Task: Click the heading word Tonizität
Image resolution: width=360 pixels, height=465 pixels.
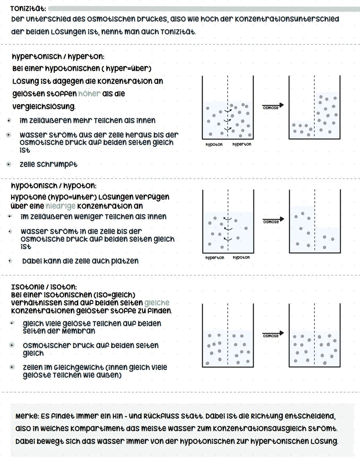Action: pyautogui.click(x=28, y=9)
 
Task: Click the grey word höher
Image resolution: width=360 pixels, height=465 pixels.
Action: pyautogui.click(x=89, y=94)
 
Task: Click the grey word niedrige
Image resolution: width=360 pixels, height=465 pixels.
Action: pyautogui.click(x=60, y=206)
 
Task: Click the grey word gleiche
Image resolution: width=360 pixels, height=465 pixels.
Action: pyautogui.click(x=157, y=303)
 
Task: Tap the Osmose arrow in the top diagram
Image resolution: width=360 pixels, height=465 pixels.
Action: pyautogui.click(x=273, y=106)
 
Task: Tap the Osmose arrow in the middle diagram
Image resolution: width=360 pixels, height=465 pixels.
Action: pyautogui.click(x=273, y=220)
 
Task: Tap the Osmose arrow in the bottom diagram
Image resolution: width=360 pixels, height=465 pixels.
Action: pyautogui.click(x=273, y=334)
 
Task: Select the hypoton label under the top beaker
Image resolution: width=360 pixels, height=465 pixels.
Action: pyautogui.click(x=214, y=145)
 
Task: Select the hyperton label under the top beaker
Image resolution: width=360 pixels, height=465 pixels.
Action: pyautogui.click(x=242, y=144)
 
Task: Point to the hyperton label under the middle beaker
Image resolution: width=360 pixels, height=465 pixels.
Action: pyautogui.click(x=215, y=258)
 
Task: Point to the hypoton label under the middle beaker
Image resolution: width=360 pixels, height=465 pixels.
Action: pyautogui.click(x=241, y=258)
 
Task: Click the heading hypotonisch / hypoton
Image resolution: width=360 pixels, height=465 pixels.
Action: pyautogui.click(x=54, y=185)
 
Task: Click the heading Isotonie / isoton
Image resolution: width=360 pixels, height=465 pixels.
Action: pyautogui.click(x=44, y=287)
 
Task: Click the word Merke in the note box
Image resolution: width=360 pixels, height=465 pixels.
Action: pyautogui.click(x=27, y=416)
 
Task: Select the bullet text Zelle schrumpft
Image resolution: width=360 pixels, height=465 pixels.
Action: pyautogui.click(x=48, y=164)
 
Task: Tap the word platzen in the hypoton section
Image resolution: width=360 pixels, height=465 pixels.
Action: pyautogui.click(x=123, y=261)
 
